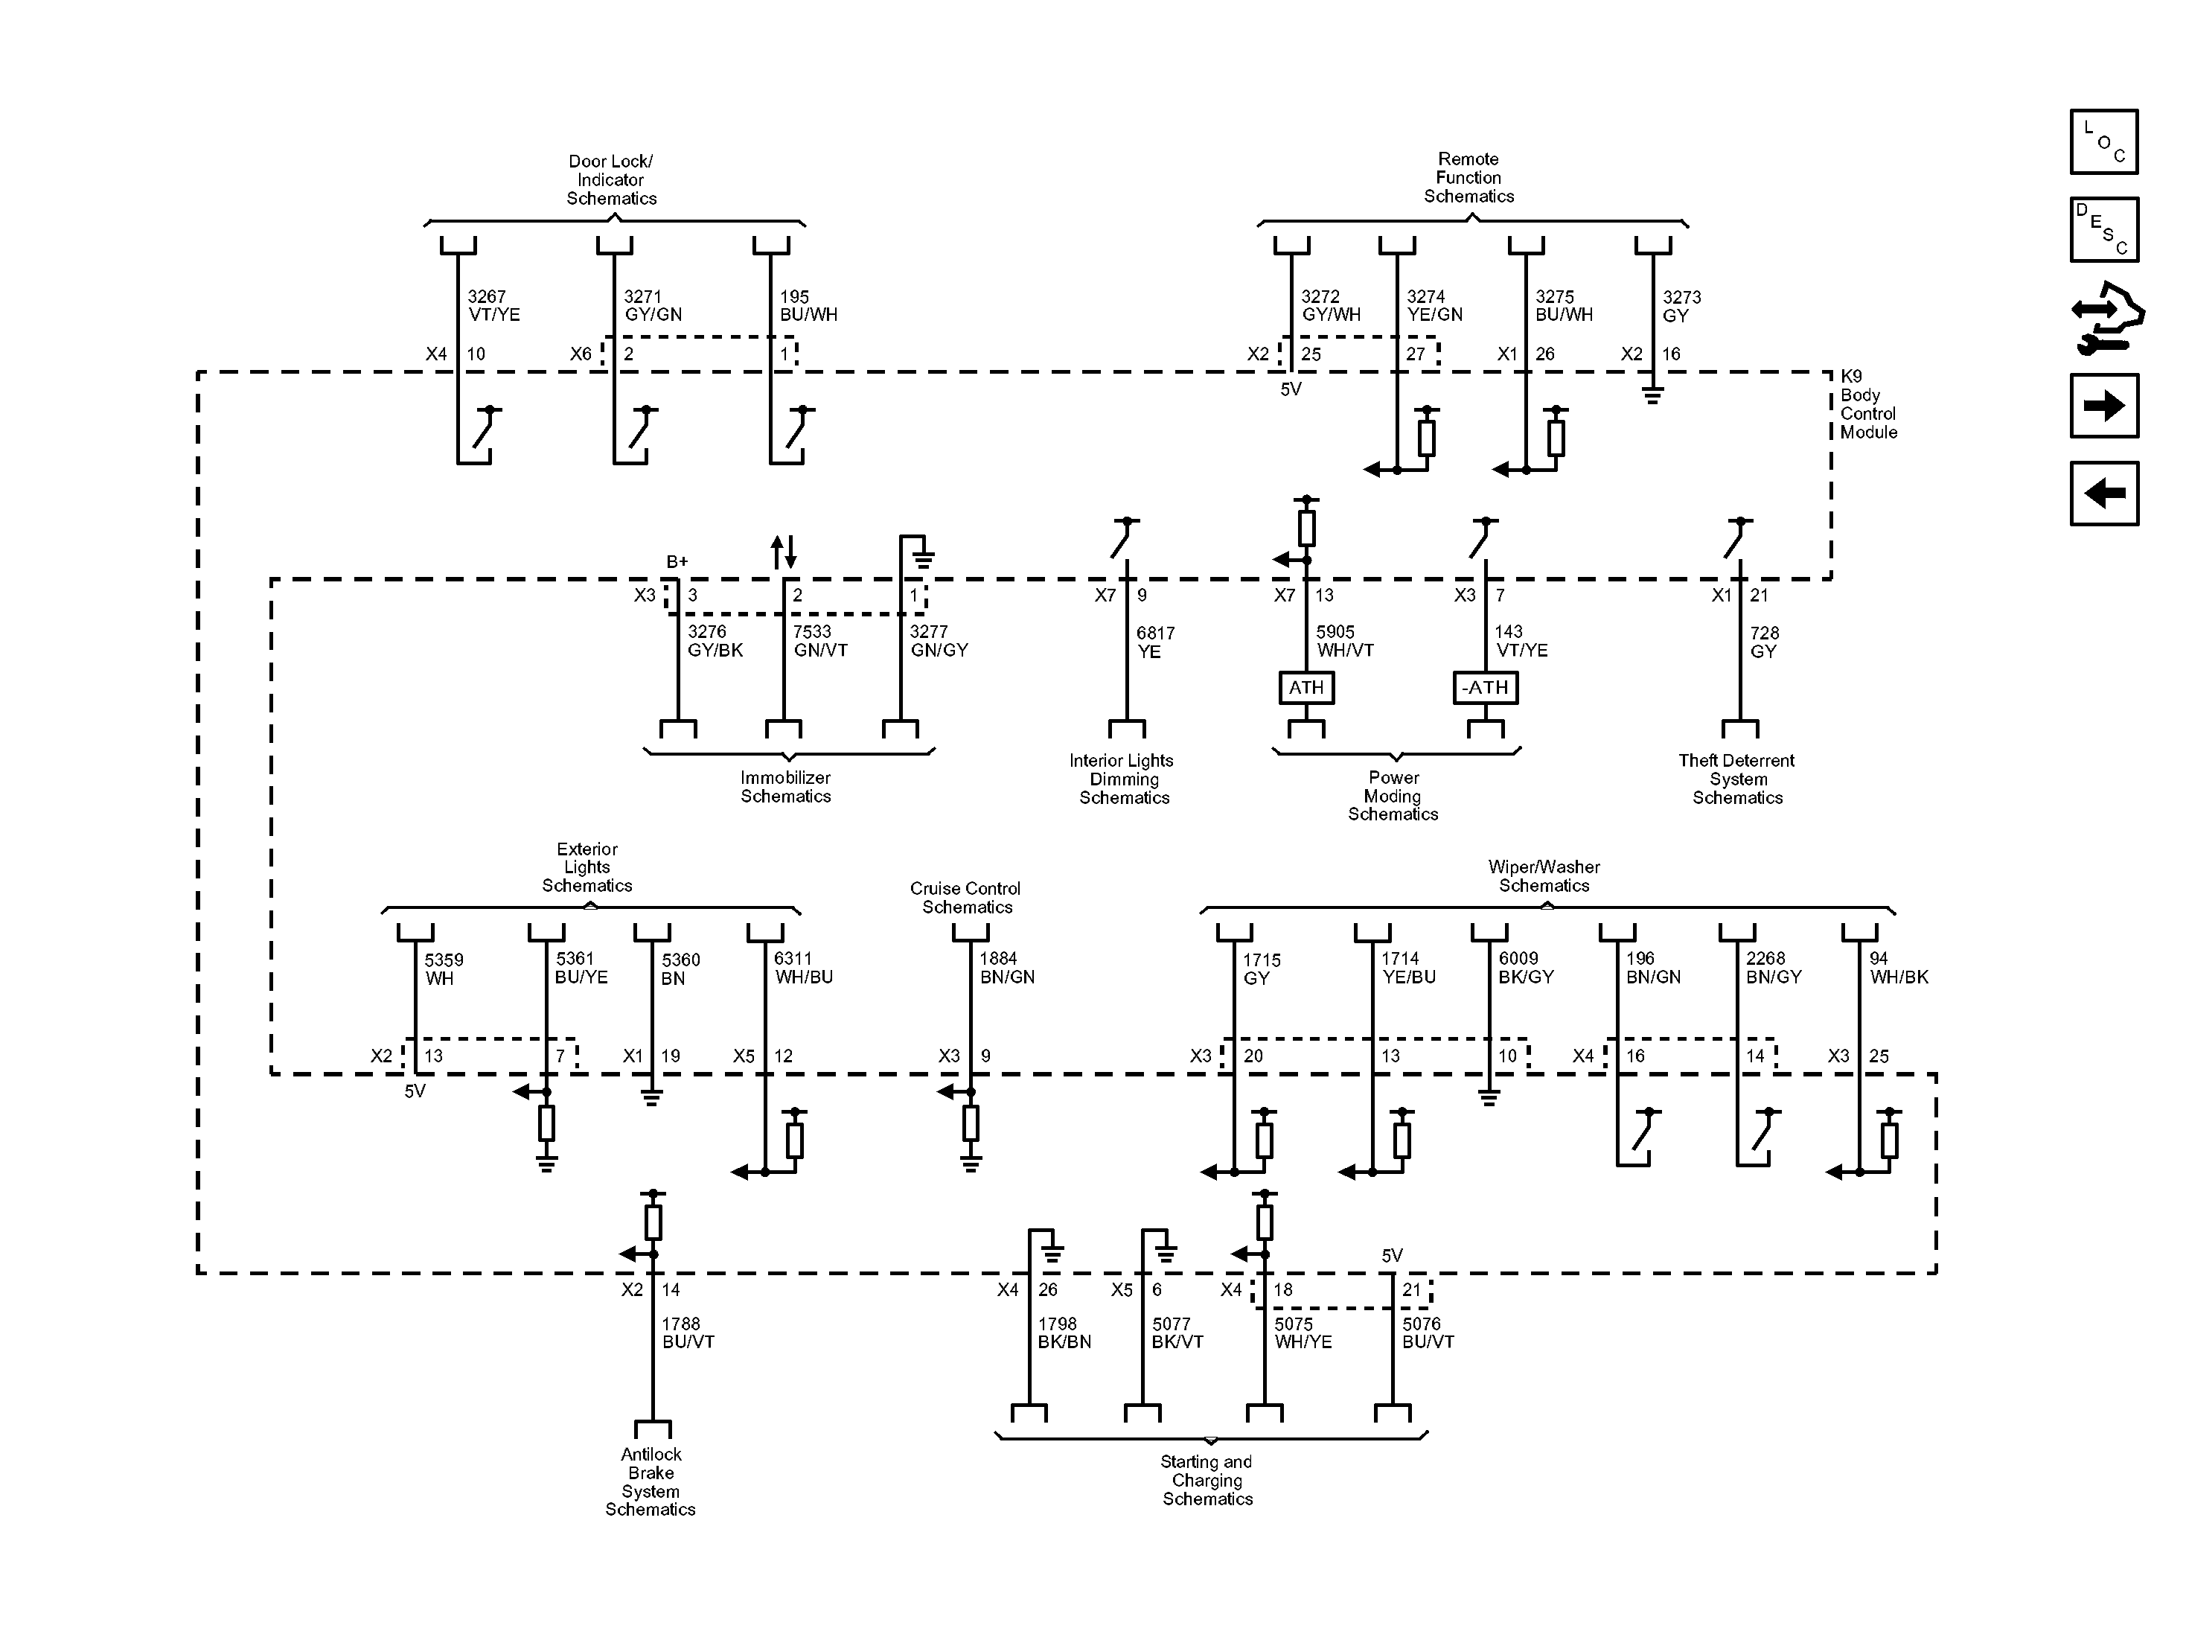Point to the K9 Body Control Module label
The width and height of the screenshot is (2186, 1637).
pos(1867,404)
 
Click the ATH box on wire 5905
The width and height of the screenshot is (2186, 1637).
pos(1305,687)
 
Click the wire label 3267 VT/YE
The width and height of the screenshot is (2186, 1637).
pos(493,305)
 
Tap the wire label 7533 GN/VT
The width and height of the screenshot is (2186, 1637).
pos(820,640)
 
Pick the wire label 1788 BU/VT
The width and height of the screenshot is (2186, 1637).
pos(687,1333)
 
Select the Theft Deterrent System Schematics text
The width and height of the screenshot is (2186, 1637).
pos(1736,779)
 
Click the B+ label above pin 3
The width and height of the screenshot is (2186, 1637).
pos(677,561)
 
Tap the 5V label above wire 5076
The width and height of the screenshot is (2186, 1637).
pos(1391,1255)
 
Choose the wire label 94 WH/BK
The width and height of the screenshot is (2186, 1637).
pos(1897,968)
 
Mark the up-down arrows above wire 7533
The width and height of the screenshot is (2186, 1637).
pos(784,552)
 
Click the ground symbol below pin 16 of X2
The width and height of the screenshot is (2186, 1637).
pos(1652,395)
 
